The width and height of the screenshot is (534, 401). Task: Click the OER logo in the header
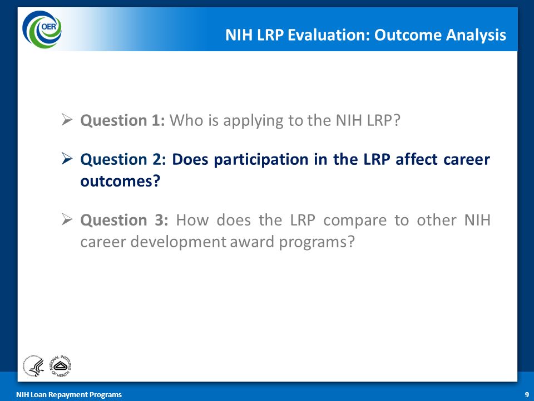(42, 30)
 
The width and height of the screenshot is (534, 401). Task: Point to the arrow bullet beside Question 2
(67, 159)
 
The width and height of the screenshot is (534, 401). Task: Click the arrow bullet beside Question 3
(67, 219)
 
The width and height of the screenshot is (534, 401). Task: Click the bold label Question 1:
(122, 120)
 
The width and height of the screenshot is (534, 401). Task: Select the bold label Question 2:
(122, 160)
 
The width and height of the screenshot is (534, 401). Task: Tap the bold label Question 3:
(124, 220)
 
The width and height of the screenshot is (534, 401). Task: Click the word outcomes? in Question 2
(120, 181)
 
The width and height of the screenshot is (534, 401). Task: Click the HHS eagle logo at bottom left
(34, 365)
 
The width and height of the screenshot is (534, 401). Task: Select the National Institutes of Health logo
(61, 365)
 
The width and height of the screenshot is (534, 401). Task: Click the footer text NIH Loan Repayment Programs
(69, 394)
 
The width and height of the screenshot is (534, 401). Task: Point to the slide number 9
(527, 394)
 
